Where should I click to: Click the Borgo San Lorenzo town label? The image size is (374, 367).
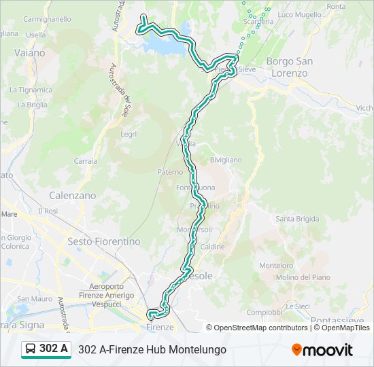(x=289, y=67)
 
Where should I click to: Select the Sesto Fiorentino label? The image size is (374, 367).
(x=104, y=241)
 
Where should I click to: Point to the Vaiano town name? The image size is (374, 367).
(x=29, y=52)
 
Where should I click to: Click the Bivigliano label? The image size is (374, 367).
(x=226, y=160)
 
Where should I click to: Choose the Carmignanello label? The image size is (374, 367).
(x=48, y=20)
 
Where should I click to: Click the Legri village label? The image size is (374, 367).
(x=129, y=135)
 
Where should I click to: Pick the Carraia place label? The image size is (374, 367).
(x=85, y=162)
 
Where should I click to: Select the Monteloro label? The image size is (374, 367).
(x=276, y=266)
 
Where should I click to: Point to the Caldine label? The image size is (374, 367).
(x=212, y=247)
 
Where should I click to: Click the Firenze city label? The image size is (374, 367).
(x=160, y=327)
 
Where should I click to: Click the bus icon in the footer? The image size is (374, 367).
(x=31, y=349)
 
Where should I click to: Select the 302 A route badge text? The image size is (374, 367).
(x=54, y=349)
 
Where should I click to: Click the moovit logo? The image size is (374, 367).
(x=322, y=350)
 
